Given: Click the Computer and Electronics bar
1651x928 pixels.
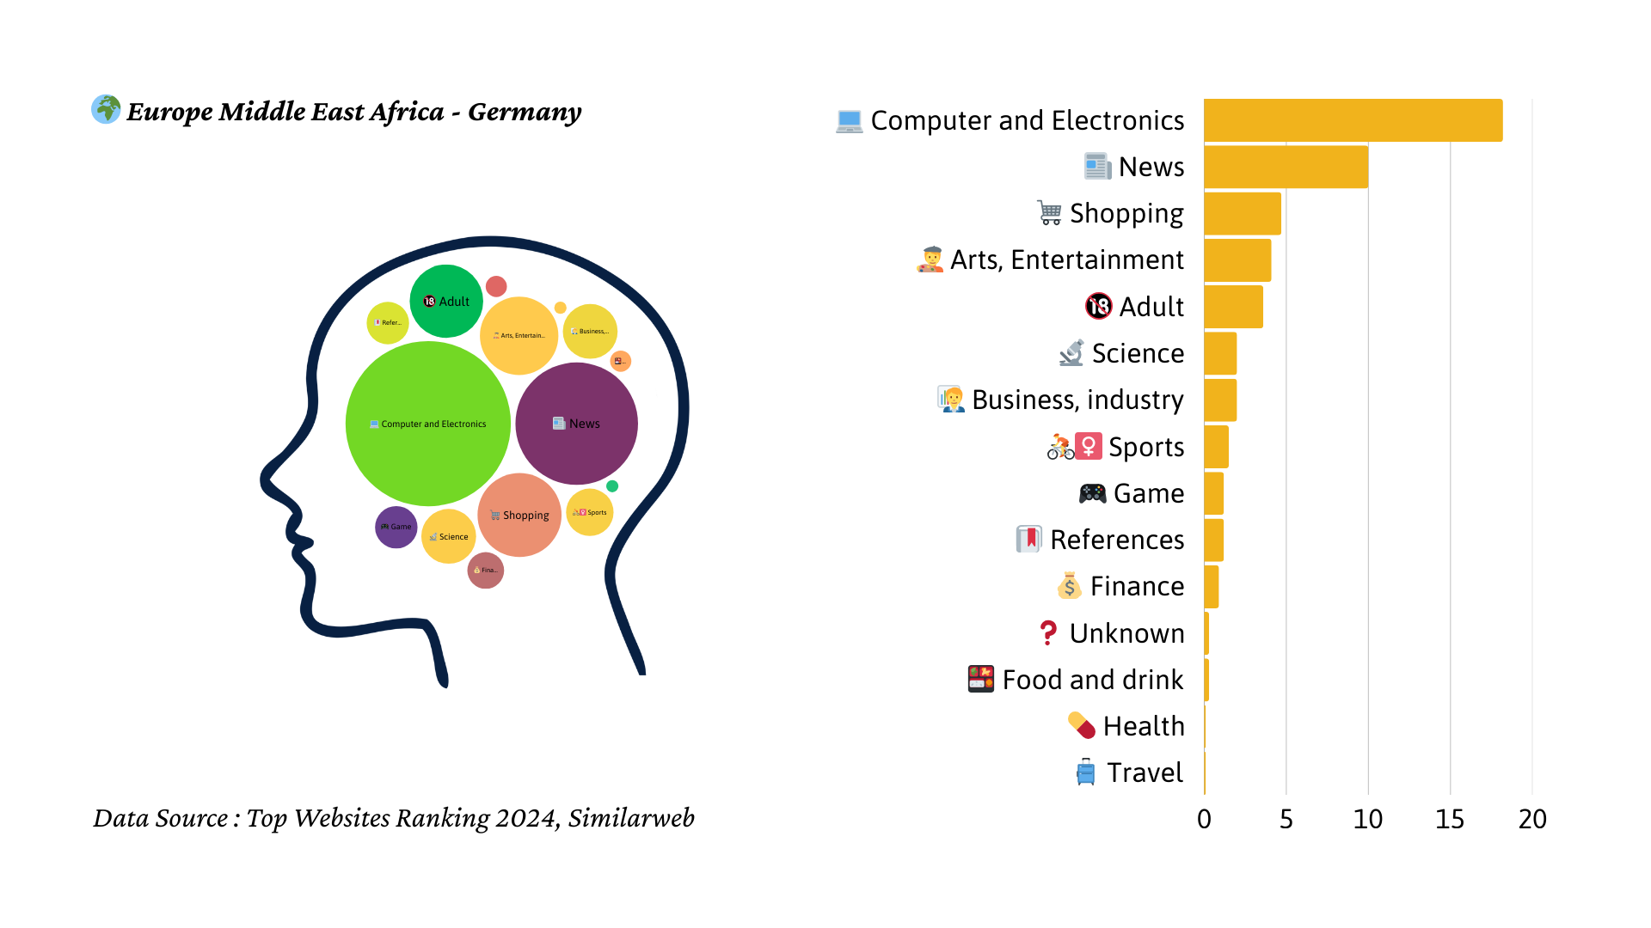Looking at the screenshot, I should tap(1353, 120).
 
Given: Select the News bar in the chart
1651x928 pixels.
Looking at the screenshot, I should tap(1286, 167).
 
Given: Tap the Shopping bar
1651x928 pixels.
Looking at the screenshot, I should tap(1242, 213).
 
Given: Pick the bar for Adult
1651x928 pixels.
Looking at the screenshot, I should tap(1233, 307).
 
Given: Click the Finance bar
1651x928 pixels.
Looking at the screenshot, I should tap(1211, 586).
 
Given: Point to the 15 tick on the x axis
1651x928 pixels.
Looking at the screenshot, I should tap(1450, 819).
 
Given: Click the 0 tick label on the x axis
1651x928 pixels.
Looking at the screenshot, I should tap(1204, 819).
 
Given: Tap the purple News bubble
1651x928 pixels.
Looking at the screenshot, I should tap(576, 423).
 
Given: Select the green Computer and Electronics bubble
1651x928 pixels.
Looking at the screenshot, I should tap(427, 424).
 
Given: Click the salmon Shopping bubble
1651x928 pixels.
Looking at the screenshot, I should tap(519, 516).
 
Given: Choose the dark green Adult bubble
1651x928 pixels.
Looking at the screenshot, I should tap(445, 301).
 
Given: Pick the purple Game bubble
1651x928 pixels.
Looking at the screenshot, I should tap(396, 527).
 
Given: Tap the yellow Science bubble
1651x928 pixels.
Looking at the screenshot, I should tap(448, 536).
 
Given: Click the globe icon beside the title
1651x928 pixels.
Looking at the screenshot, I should tap(107, 109).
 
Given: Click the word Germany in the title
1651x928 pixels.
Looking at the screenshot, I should tap(525, 112).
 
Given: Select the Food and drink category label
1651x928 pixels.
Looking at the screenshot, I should tap(1092, 680).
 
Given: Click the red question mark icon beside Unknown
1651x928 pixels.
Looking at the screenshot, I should tap(1047, 633).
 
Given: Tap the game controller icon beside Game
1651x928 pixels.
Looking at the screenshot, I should tap(1092, 493).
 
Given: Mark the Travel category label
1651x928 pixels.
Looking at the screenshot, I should tap(1145, 772).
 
